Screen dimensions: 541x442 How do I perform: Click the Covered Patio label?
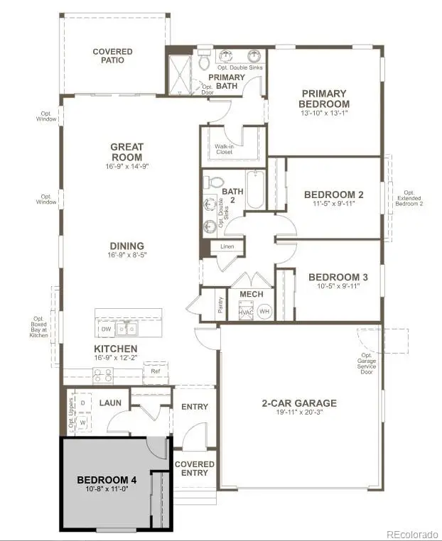[x=112, y=56]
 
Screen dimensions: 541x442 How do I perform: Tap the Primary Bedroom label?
[x=324, y=98]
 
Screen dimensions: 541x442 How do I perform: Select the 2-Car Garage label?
[x=299, y=403]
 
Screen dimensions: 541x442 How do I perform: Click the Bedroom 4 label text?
[x=107, y=481]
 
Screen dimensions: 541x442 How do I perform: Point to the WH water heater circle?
[x=264, y=311]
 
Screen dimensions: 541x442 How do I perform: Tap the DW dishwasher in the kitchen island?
[x=105, y=329]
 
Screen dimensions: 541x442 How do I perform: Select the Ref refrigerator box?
[x=156, y=371]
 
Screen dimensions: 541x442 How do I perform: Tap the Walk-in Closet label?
[x=225, y=149]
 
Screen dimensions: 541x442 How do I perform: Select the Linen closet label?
[x=227, y=247]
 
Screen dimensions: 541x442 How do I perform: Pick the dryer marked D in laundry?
[x=82, y=403]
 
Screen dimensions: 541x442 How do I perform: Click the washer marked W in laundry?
[x=82, y=422]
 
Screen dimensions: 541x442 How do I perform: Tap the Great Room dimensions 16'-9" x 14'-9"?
[x=127, y=166]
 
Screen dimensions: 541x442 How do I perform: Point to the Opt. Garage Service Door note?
[x=367, y=364]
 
